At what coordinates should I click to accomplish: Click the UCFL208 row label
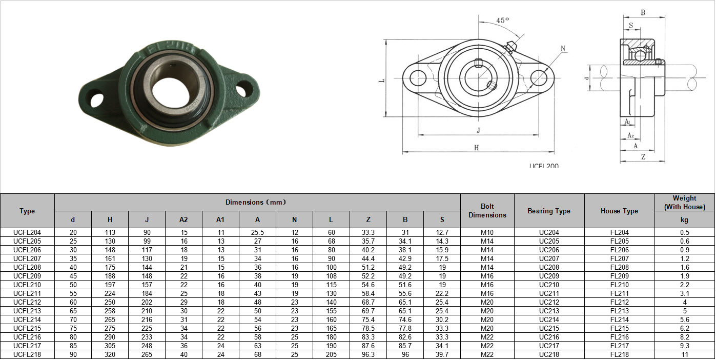tap(27, 267)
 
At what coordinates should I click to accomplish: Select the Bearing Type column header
tap(549, 211)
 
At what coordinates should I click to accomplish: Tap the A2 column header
tap(183, 219)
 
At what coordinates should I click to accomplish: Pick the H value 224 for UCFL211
tap(110, 293)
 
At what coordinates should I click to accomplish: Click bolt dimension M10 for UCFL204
tap(487, 232)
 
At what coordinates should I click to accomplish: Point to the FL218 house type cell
tap(619, 354)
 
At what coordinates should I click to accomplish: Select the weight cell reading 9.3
tap(684, 346)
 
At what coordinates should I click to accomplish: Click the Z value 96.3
tap(368, 354)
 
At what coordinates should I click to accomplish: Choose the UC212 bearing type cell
tap(549, 302)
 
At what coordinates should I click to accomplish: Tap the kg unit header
tap(684, 219)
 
